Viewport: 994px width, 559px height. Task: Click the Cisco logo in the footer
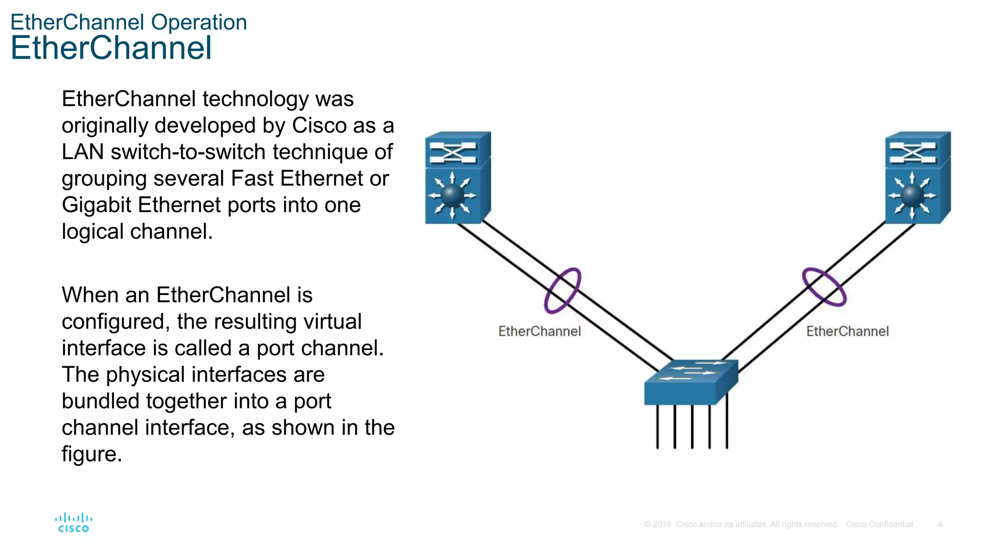(74, 523)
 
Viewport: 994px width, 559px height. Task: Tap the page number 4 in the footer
(940, 524)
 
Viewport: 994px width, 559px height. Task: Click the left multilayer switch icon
(457, 178)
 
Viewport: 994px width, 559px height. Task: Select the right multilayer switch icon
(917, 178)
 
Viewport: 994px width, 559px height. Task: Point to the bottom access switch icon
(691, 382)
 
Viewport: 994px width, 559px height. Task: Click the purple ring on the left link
(563, 290)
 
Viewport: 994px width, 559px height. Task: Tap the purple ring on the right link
(824, 287)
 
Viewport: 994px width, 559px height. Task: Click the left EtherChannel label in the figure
(539, 331)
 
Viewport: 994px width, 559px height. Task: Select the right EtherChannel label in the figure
(847, 331)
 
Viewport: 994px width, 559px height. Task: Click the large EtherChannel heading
(111, 48)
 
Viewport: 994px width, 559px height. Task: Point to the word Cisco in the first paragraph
(319, 126)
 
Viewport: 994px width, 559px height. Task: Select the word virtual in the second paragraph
(333, 321)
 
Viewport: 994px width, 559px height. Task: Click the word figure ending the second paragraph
(91, 454)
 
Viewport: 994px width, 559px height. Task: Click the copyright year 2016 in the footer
(662, 524)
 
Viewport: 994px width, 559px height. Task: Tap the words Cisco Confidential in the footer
(879, 524)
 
